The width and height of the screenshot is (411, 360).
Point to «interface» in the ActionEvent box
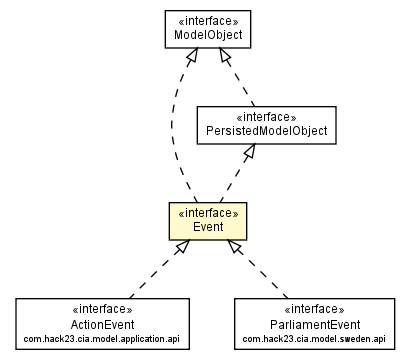(96, 308)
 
